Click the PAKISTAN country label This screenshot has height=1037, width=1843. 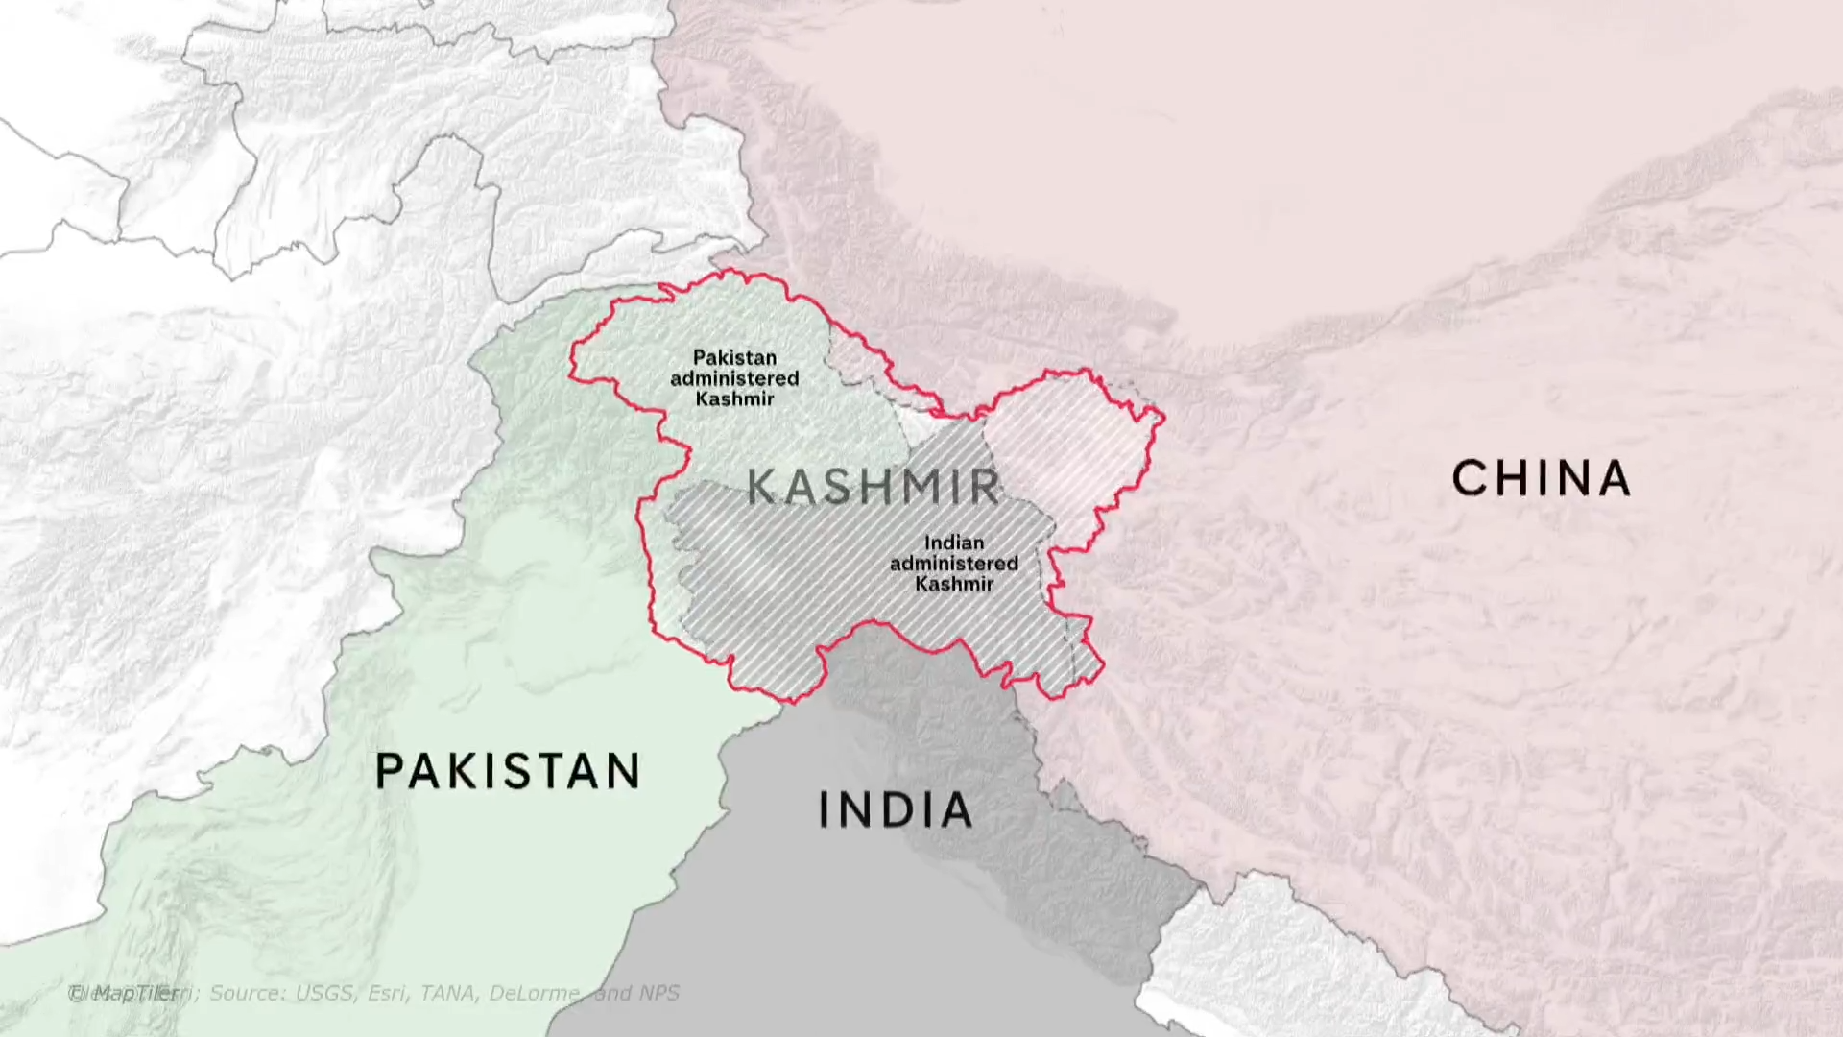pos(507,770)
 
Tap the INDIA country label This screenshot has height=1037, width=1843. pos(895,810)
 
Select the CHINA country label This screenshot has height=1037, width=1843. pos(1541,478)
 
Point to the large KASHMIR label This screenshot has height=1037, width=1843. pos(874,487)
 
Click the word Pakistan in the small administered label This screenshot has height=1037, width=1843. pos(734,357)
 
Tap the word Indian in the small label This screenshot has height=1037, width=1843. pos(953,543)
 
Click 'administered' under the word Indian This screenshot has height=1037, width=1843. pos(953,564)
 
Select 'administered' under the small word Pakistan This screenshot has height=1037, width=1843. pos(734,378)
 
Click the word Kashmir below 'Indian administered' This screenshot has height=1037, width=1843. pos(953,584)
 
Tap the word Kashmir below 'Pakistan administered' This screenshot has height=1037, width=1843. pos(734,398)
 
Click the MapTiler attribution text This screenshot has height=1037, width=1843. pos(125,993)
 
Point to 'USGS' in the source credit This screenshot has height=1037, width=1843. pos(324,993)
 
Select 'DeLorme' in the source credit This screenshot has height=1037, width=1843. pos(535,993)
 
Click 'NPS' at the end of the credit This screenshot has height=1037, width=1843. pos(658,993)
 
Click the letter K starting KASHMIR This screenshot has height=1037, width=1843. pos(760,487)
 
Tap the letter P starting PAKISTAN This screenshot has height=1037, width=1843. pos(389,770)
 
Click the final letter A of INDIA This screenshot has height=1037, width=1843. pos(955,810)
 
